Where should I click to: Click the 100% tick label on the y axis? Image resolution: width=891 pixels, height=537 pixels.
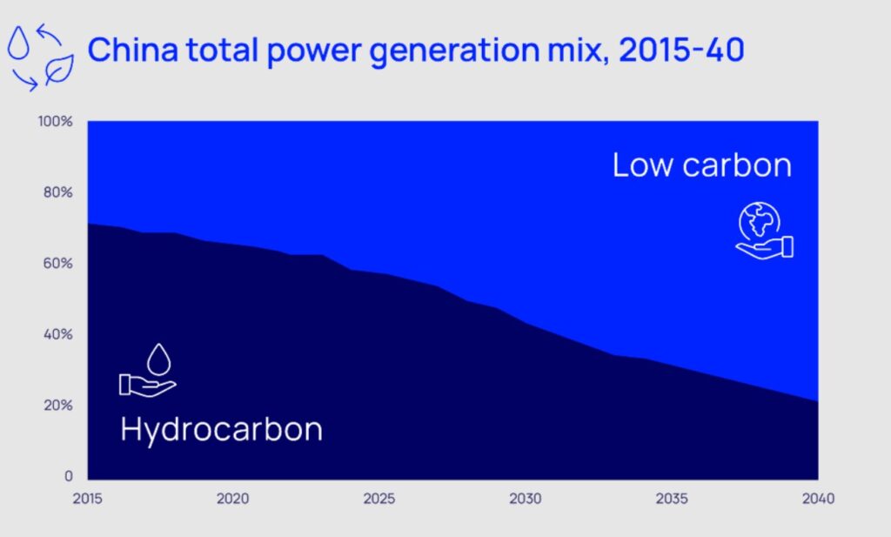click(x=56, y=121)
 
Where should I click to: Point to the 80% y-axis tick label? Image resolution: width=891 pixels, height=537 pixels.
click(x=58, y=192)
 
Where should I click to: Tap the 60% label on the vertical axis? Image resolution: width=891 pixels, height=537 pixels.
click(x=58, y=264)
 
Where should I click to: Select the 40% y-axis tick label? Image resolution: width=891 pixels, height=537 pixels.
click(x=58, y=335)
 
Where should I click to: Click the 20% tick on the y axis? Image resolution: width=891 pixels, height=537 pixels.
click(x=58, y=406)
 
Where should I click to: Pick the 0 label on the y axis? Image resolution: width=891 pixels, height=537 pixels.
click(x=68, y=477)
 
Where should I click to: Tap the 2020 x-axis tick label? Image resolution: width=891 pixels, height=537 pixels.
click(x=232, y=500)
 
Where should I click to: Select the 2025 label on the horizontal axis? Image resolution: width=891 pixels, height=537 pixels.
click(x=379, y=500)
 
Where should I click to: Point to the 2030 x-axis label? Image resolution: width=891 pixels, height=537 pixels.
click(x=526, y=500)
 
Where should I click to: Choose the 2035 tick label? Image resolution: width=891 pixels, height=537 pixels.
click(x=672, y=500)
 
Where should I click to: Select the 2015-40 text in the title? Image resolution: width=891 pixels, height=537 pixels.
click(x=681, y=50)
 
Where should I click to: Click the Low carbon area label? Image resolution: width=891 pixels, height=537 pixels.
click(x=701, y=165)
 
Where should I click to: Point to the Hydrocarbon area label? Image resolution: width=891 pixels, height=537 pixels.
click(x=221, y=429)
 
